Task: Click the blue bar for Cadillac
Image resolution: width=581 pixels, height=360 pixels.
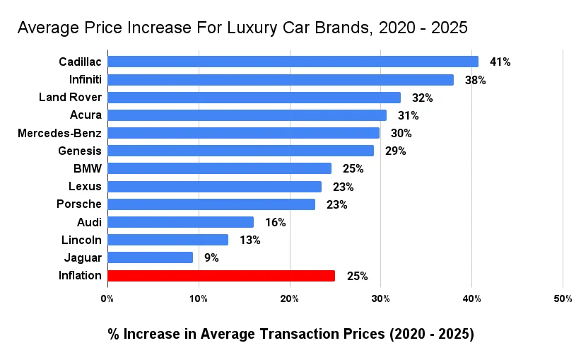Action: point(293,62)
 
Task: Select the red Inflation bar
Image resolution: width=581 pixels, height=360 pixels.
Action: point(221,276)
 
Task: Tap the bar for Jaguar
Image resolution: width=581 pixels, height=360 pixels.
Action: point(150,257)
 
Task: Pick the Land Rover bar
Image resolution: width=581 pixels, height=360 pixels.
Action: point(254,98)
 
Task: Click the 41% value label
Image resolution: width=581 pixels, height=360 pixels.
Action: point(500,62)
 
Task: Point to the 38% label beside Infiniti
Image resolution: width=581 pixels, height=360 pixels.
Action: point(475,80)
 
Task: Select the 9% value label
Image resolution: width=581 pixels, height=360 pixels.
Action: point(211,258)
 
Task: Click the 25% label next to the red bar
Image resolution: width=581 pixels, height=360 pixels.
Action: point(357,276)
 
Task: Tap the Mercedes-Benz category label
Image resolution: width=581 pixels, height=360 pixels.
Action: point(59,133)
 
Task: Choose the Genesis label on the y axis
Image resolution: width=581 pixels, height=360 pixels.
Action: point(80,151)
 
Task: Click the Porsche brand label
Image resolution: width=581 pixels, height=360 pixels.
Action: point(79,204)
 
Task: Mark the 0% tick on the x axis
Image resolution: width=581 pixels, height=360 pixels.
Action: point(107,299)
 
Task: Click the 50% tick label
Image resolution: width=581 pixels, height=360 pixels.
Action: point(563,299)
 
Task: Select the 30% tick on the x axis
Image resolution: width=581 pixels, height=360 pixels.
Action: point(380,299)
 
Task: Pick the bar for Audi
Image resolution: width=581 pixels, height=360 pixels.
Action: point(180,222)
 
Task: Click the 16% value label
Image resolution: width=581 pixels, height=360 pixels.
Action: point(275,222)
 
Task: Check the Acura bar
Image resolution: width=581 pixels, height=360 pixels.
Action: point(247,115)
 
